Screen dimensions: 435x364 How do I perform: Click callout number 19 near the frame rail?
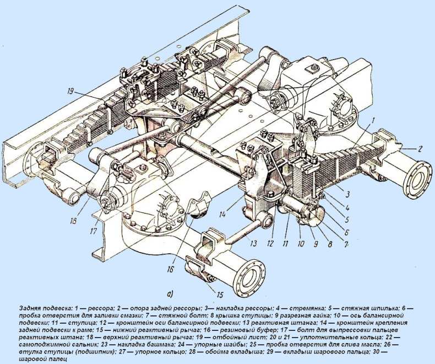(x=71, y=91)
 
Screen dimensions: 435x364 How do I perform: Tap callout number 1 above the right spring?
(x=373, y=120)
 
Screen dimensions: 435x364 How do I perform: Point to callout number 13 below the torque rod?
(x=253, y=243)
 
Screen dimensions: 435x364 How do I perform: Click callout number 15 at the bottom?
(x=220, y=295)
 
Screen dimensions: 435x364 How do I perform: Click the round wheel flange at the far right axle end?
(x=418, y=180)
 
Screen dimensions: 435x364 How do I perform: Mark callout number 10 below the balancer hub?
(x=301, y=244)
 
